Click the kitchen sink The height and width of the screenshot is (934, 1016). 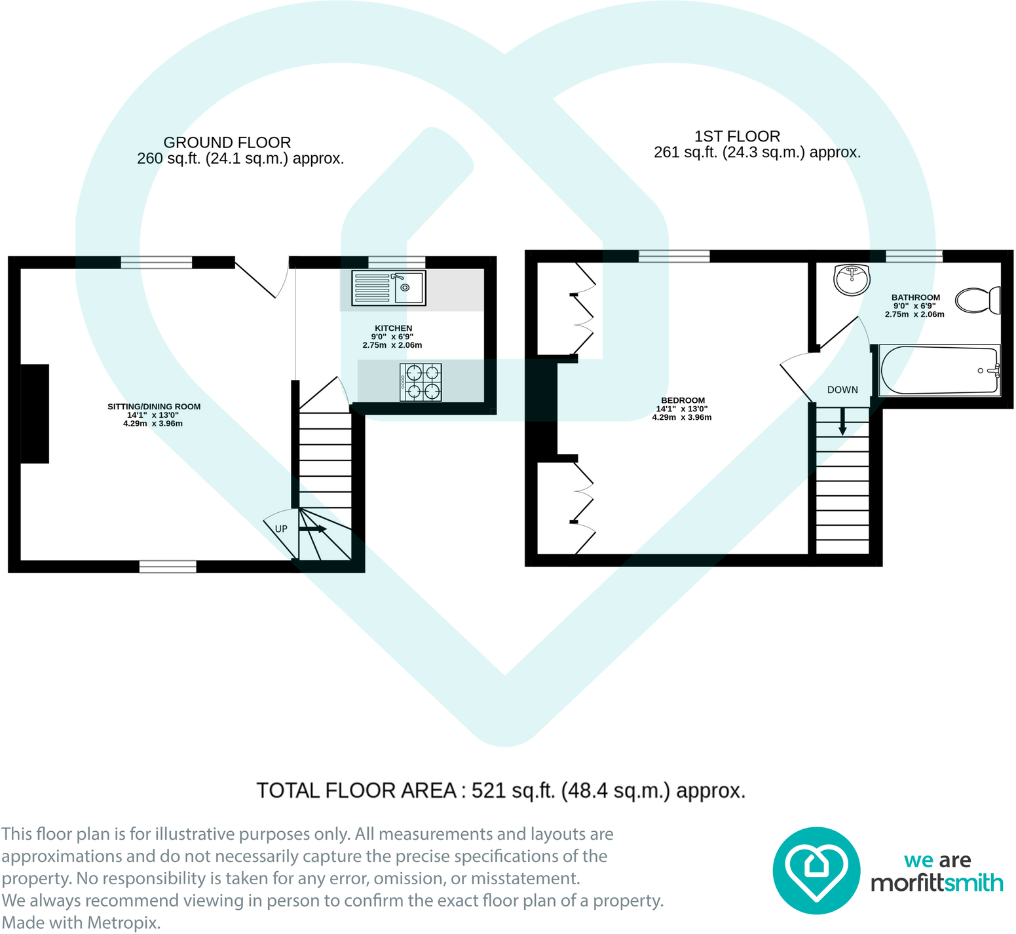coord(388,288)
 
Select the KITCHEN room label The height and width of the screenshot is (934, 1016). coord(393,328)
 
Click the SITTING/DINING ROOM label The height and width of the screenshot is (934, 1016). coord(154,407)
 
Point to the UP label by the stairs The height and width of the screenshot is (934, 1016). coord(281,529)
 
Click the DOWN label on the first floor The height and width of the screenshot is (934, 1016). coord(842,390)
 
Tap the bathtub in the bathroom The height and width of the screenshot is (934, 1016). coord(939,371)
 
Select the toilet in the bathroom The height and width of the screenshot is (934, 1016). coord(977,301)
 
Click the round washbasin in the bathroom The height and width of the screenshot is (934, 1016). coord(852,280)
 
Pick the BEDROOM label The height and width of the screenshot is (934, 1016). coord(683,400)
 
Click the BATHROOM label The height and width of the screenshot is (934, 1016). coord(915,297)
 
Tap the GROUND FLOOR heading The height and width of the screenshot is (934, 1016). coord(227,142)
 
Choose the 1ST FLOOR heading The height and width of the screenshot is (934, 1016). coord(737,136)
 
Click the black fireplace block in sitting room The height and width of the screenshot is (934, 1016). coord(35,413)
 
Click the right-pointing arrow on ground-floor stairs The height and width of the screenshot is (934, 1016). coord(312,529)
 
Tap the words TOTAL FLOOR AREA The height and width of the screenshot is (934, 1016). coord(356,791)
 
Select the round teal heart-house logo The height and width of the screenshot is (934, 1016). coord(816,870)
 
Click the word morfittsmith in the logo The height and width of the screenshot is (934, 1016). coord(937,883)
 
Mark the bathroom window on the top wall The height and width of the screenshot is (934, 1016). coord(914,256)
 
